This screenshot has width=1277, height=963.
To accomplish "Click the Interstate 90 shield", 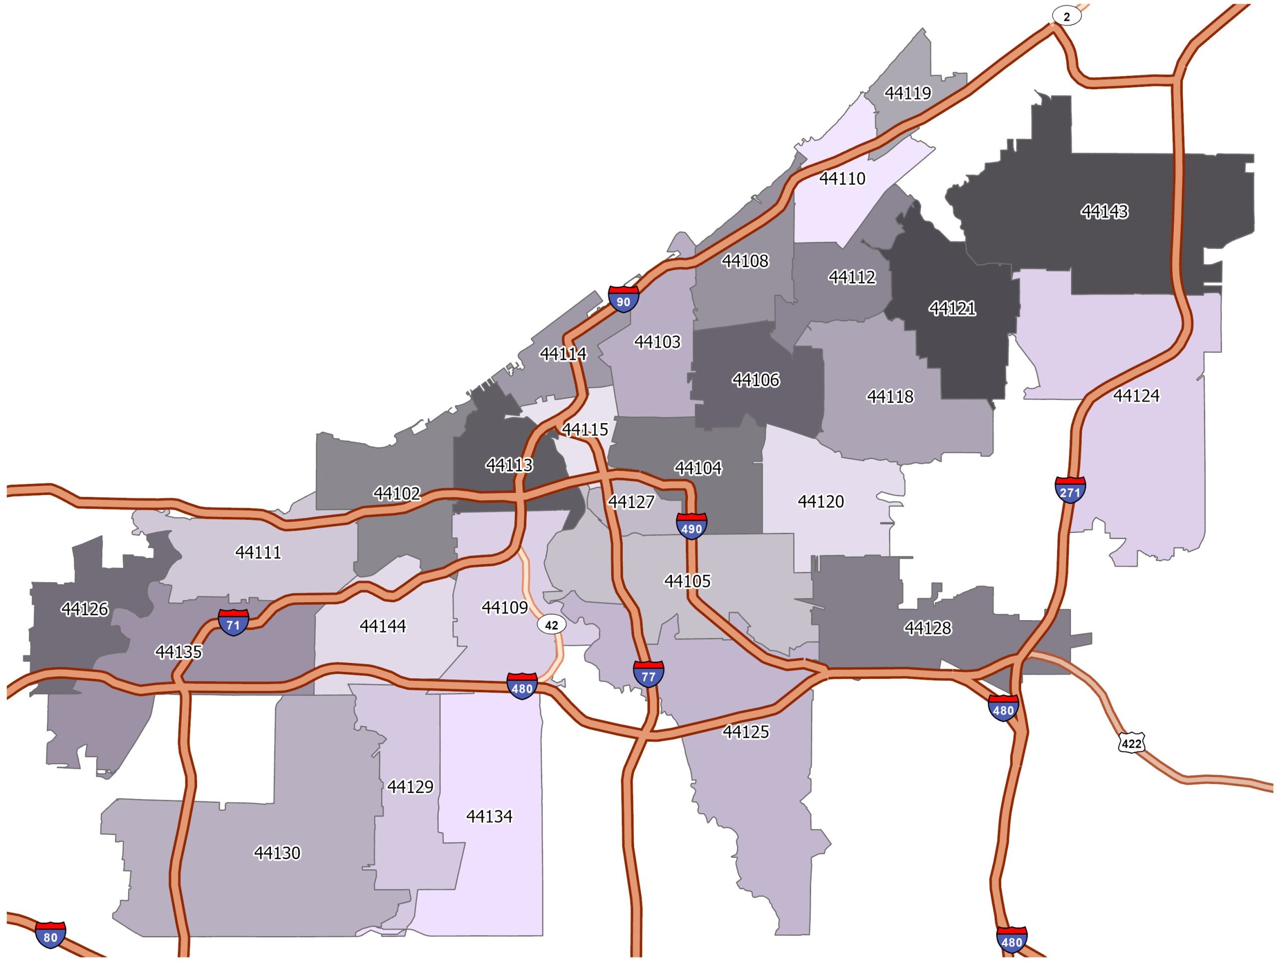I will pyautogui.click(x=624, y=300).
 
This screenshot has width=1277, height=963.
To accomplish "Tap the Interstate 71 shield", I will pyautogui.click(x=233, y=623).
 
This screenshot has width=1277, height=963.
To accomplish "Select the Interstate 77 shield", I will pyautogui.click(x=648, y=674).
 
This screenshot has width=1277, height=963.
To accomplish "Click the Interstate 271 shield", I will pyautogui.click(x=1070, y=490).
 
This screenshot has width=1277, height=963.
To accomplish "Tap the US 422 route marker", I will pyautogui.click(x=1131, y=744).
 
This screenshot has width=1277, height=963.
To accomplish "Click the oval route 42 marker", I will pyautogui.click(x=551, y=625).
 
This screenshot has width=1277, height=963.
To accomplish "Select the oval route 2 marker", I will pyautogui.click(x=1066, y=17).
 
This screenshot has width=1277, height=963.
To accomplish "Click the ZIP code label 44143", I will pyautogui.click(x=1104, y=212).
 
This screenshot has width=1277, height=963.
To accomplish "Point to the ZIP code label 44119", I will pyautogui.click(x=907, y=93).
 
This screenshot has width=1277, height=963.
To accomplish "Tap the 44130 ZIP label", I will pyautogui.click(x=277, y=853).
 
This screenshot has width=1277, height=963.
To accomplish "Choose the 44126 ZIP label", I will pyautogui.click(x=85, y=609).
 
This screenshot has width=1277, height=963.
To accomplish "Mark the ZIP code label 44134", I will pyautogui.click(x=489, y=816).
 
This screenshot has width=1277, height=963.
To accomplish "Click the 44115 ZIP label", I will pyautogui.click(x=585, y=429).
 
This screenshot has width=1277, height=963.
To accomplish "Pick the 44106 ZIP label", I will pyautogui.click(x=756, y=380).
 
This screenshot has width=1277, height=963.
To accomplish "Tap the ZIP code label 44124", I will pyautogui.click(x=1135, y=395).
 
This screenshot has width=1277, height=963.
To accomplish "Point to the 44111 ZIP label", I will pyautogui.click(x=258, y=552).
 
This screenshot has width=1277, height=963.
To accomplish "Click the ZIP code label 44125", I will pyautogui.click(x=746, y=732).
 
